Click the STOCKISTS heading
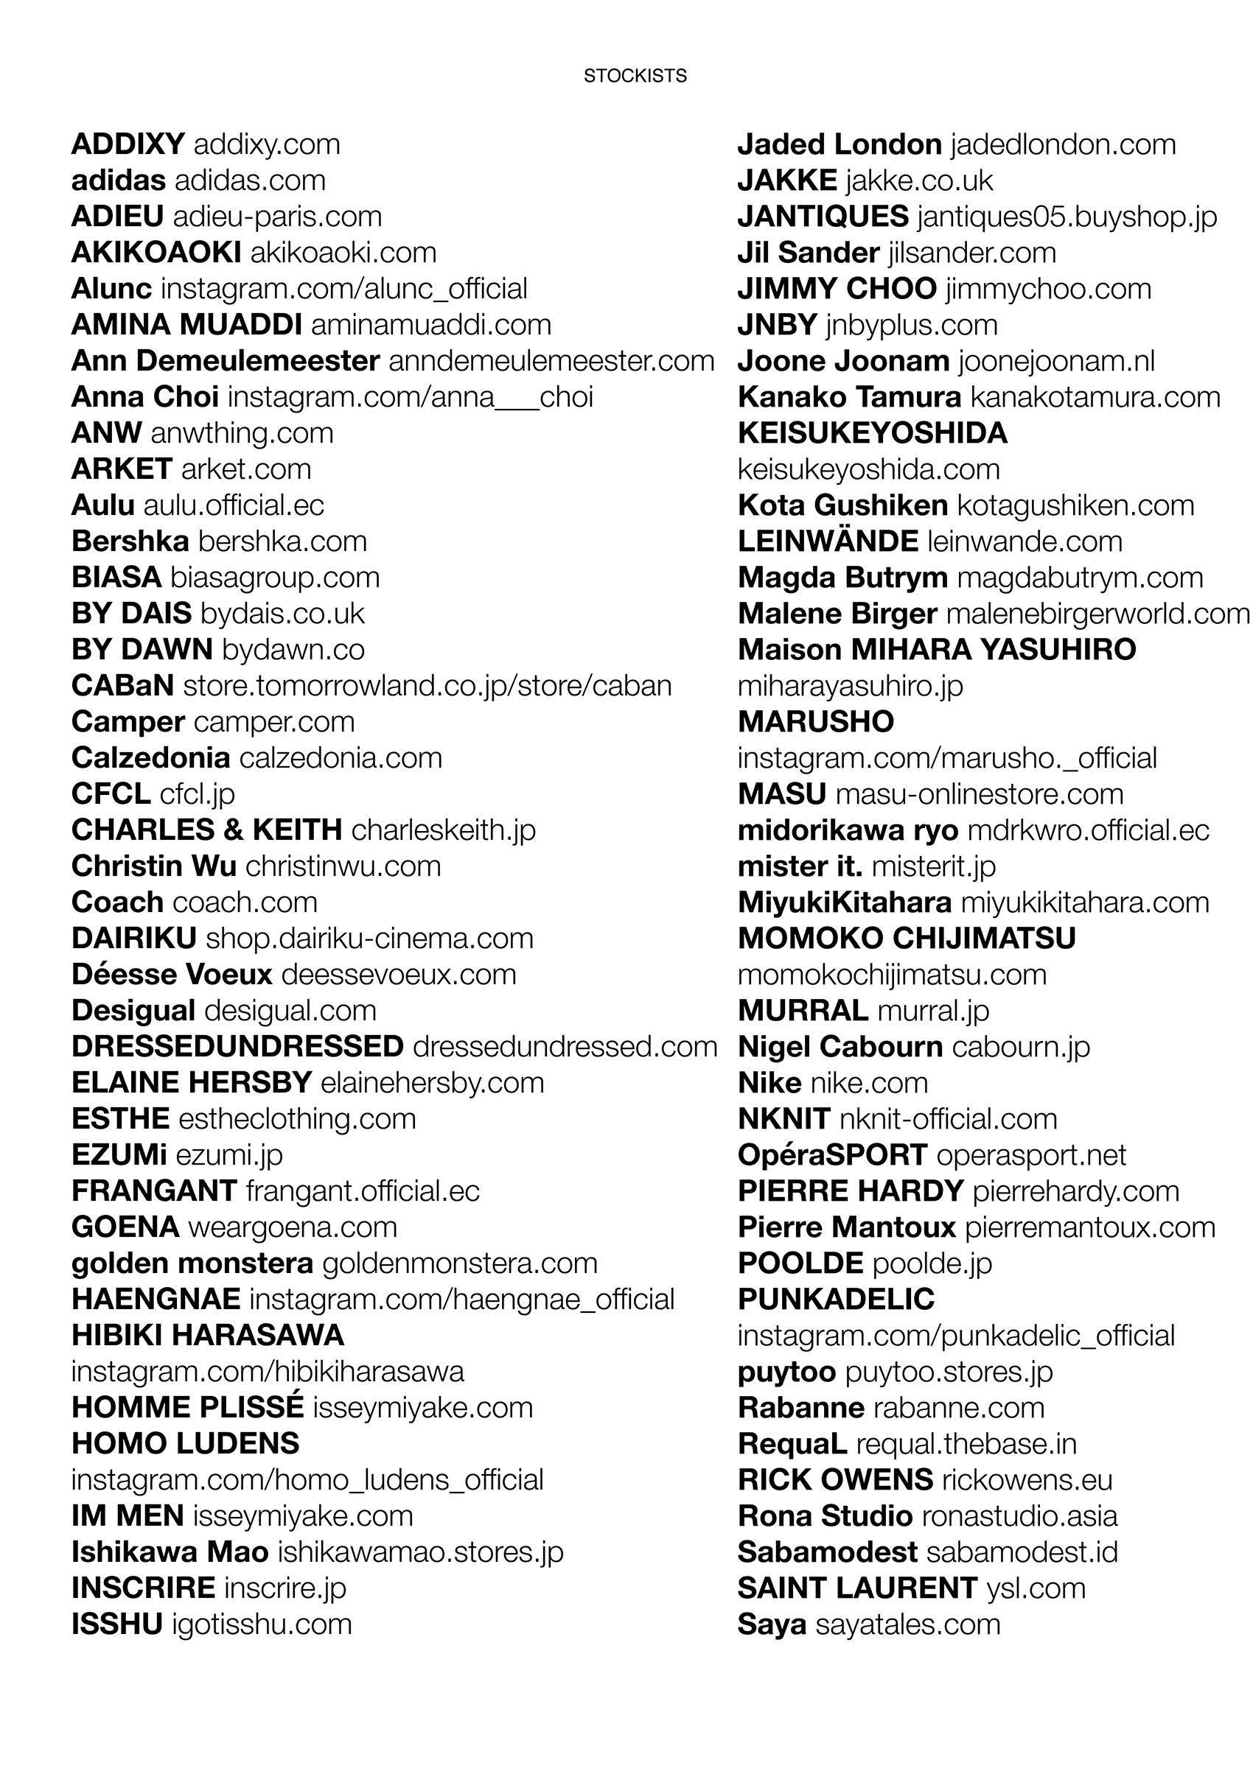(635, 76)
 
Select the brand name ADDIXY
(128, 144)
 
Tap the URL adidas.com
(250, 180)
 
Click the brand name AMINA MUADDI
(186, 326)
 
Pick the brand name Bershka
(130, 541)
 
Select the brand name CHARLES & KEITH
(206, 830)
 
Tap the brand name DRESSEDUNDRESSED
(237, 1047)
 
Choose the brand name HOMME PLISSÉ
(187, 1408)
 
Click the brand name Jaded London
(839, 144)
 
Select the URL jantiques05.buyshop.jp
(1067, 217)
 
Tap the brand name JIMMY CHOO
(837, 289)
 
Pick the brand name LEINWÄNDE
(828, 541)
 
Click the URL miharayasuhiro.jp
(851, 686)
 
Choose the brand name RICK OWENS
(835, 1479)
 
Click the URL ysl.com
(1036, 1588)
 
